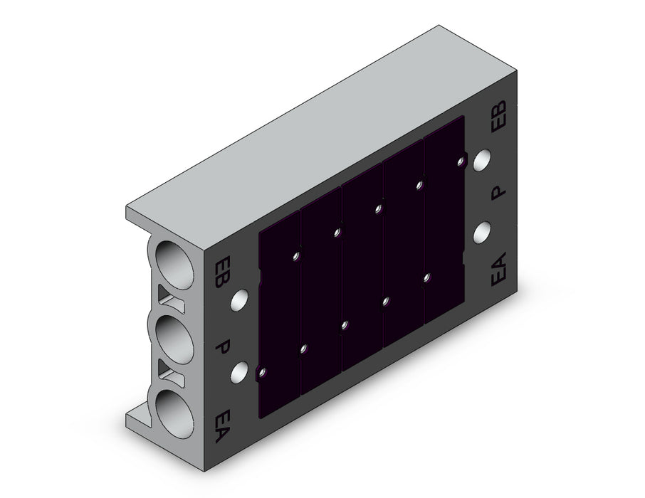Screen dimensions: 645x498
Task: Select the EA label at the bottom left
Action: (222, 426)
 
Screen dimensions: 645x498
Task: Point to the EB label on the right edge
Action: (499, 117)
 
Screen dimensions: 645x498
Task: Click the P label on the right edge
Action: (498, 192)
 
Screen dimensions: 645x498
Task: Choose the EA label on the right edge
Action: (498, 269)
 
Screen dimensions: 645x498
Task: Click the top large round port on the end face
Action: (174, 265)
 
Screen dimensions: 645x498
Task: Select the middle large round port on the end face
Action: (174, 339)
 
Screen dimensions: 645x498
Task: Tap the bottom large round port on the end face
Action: (174, 414)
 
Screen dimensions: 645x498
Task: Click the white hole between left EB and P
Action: (239, 300)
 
